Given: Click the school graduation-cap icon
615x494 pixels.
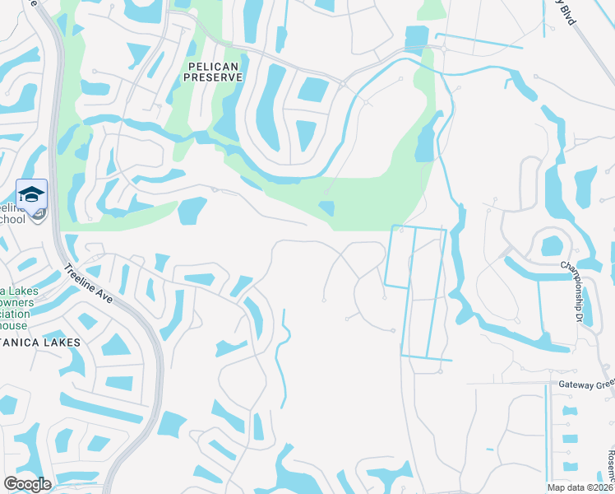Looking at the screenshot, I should [x=31, y=194].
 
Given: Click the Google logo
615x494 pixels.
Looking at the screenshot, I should [x=27, y=484].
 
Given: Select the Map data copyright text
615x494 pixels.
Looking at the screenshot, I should [x=580, y=487].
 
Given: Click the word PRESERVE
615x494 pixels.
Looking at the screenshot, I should [x=213, y=77].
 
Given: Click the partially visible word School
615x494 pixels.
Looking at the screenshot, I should [x=12, y=220].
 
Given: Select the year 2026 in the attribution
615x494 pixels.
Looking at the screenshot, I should [x=603, y=487].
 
